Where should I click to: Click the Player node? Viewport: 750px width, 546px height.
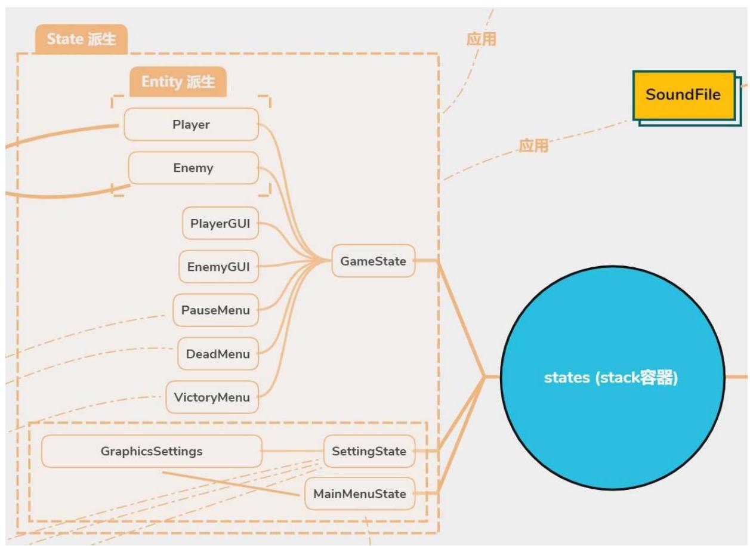[191, 125]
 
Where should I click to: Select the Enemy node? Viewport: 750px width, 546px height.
[193, 168]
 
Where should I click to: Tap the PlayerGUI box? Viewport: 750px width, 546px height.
[220, 224]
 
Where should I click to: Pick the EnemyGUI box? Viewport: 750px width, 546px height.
[219, 267]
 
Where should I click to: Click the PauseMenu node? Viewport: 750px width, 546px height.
[215, 310]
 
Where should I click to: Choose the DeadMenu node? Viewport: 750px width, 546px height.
[218, 354]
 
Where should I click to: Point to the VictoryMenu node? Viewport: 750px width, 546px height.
[212, 397]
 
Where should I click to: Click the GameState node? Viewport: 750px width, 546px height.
[373, 261]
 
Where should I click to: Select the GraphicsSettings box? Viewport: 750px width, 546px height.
[152, 451]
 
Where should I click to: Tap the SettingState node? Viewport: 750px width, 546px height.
[369, 451]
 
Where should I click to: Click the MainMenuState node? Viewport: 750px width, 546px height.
[360, 494]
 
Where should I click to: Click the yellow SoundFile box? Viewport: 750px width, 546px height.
[683, 95]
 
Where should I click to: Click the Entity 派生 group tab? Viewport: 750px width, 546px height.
[178, 82]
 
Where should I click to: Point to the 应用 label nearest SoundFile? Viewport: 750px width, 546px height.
[533, 145]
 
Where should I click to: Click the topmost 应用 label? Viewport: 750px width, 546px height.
[482, 39]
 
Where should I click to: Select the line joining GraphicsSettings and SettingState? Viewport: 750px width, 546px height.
[292, 451]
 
